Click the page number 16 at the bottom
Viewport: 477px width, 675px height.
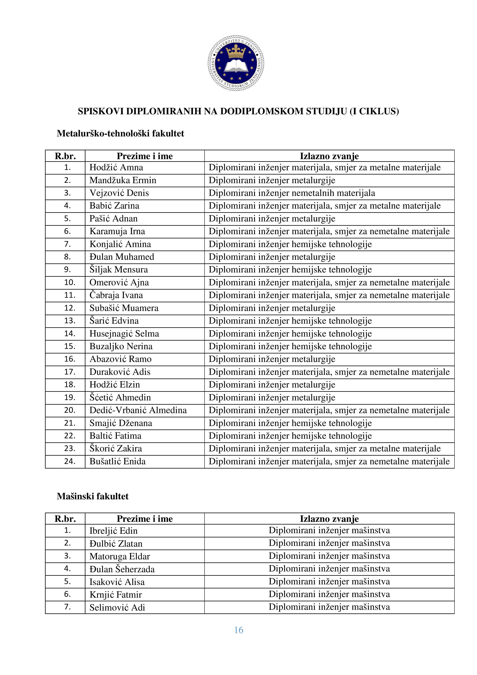238,630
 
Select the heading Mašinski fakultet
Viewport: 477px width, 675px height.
93,496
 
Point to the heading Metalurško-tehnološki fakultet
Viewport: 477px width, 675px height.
120,134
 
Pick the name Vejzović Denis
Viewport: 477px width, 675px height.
119,193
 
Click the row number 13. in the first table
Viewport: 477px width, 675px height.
70,321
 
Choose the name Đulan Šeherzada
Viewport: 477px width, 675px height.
122,569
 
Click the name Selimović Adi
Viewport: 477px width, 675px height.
117,607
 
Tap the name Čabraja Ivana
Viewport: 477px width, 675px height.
116,295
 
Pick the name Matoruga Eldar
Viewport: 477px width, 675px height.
120,556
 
